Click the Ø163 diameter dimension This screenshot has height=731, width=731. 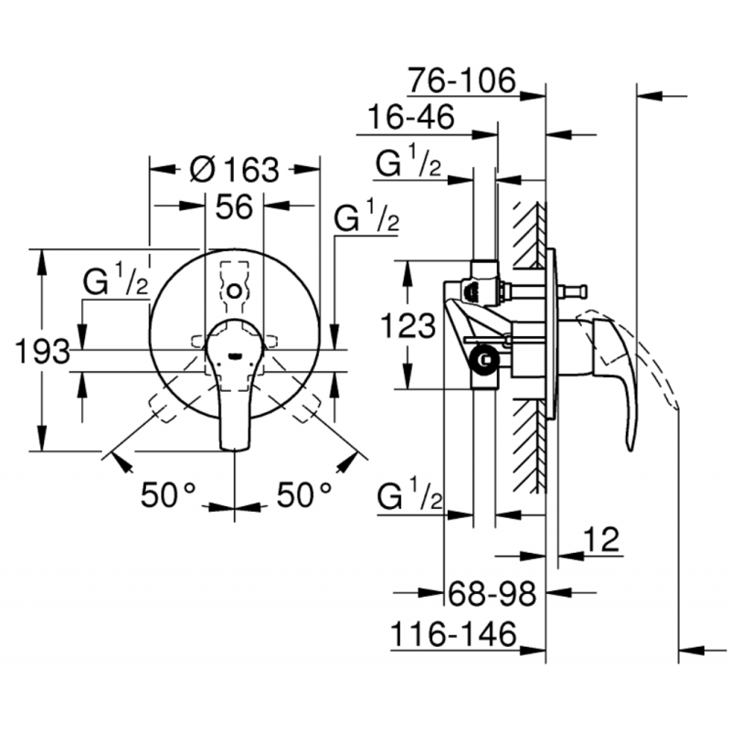tap(236, 169)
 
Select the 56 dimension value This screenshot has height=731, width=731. tap(234, 207)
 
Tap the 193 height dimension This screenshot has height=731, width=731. tap(41, 350)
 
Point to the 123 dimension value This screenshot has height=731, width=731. tap(408, 325)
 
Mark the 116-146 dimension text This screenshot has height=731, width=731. tap(453, 633)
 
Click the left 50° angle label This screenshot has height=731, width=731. tap(169, 495)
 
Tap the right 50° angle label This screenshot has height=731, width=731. tap(303, 495)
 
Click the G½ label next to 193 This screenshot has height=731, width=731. tap(116, 282)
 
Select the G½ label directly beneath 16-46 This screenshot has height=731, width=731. tap(410, 164)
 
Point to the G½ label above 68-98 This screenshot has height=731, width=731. tap(410, 499)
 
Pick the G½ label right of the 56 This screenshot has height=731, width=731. tap(366, 218)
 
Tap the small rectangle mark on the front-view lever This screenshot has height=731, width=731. tap(236, 354)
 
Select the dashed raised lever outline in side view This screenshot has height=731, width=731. tap(662, 375)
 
